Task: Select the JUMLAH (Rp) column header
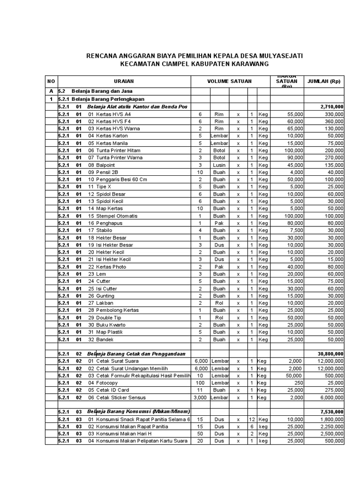tap(323, 82)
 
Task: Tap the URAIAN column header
tap(124, 82)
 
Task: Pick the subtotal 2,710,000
tap(331, 107)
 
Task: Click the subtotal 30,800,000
tap(330, 353)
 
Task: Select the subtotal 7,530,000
tap(331, 412)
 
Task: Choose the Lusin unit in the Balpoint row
tap(219, 165)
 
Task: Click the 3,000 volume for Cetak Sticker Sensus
tap(200, 397)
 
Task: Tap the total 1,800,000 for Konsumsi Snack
tap(331, 420)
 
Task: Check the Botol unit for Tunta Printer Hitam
tap(219, 150)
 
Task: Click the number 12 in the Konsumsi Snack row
tap(251, 420)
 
